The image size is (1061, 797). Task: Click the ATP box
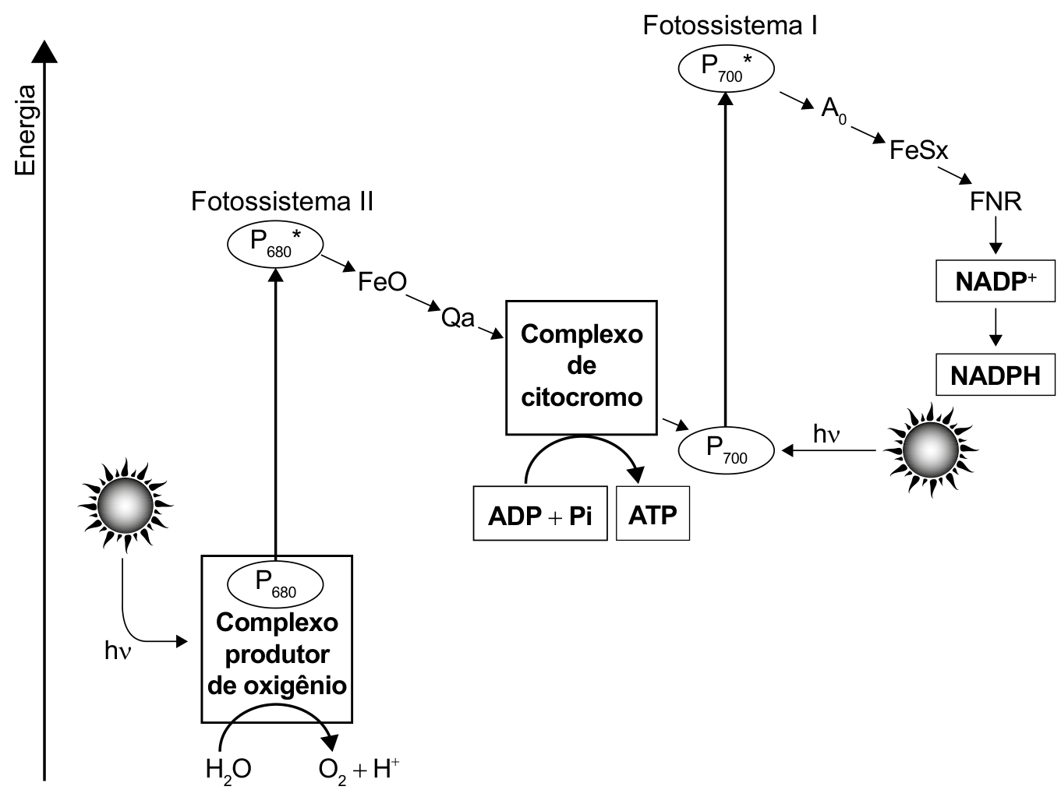point(653,513)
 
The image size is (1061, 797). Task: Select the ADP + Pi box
point(540,513)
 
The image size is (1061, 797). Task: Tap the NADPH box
point(996,375)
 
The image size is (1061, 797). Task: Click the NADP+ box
point(996,281)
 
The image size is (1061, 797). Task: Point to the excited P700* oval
point(726,69)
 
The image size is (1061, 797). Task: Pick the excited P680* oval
point(275,245)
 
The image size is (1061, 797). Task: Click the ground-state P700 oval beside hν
point(726,450)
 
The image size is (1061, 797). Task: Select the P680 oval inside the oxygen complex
point(275,584)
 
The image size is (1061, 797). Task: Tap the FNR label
point(996,202)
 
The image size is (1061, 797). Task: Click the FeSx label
point(919,150)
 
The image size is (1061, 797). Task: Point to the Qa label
point(458,319)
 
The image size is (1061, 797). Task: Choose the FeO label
point(382,281)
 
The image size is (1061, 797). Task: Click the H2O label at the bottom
point(228,770)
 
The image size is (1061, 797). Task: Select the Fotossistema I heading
point(730,26)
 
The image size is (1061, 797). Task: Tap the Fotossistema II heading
point(282,202)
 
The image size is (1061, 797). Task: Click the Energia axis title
point(25,130)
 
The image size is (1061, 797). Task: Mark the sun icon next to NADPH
point(931,450)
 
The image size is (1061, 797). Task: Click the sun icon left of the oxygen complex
point(126,506)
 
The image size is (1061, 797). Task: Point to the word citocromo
point(582,397)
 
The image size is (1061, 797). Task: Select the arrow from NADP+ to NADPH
point(996,327)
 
